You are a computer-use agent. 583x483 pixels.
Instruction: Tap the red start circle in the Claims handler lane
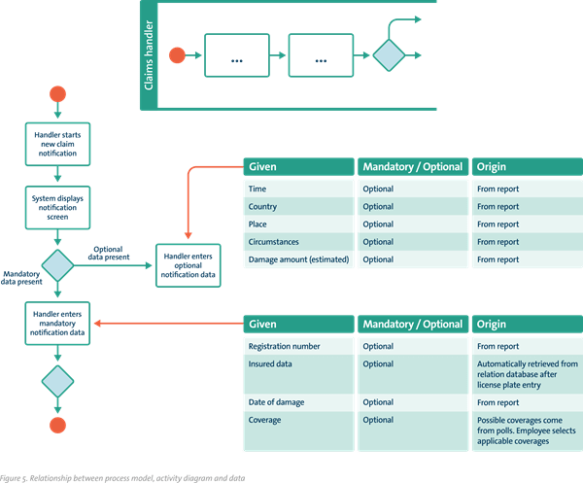pyautogui.click(x=178, y=55)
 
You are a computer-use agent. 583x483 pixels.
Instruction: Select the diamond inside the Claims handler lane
pyautogui.click(x=389, y=55)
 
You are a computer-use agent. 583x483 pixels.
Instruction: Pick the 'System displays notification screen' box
pyautogui.click(x=59, y=206)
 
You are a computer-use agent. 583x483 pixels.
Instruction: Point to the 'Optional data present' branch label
pyautogui.click(x=120, y=255)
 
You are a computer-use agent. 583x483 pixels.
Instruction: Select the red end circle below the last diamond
pyautogui.click(x=59, y=425)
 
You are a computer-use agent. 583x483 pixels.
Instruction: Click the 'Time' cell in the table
pyautogui.click(x=257, y=190)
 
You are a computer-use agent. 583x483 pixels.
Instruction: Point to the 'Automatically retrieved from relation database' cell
pyautogui.click(x=526, y=374)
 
